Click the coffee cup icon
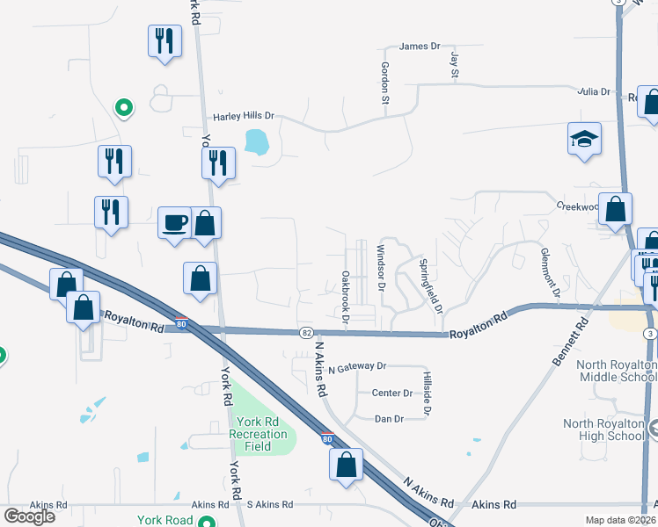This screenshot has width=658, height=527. (174, 222)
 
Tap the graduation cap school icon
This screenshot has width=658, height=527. (584, 139)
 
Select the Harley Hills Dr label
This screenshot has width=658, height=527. (244, 116)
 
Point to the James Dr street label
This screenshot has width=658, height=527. (419, 47)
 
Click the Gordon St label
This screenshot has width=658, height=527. (384, 83)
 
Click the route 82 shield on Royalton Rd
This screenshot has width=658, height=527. (306, 333)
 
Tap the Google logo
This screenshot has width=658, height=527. (29, 516)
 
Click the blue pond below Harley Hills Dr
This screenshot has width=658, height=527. (256, 141)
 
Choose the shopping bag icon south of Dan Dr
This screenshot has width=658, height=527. (346, 465)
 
